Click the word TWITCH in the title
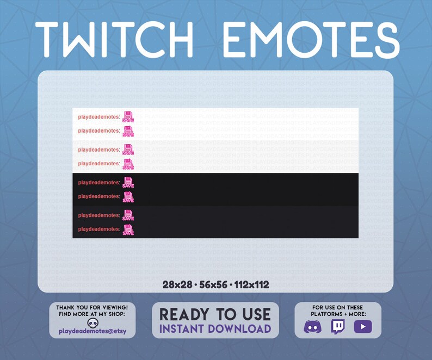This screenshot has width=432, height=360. [114, 39]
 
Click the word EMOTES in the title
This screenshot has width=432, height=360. [311, 39]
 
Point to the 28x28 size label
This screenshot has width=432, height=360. [177, 284]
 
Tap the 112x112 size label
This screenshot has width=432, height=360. [251, 284]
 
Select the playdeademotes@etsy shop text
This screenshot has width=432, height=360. [92, 331]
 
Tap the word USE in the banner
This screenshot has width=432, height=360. [255, 314]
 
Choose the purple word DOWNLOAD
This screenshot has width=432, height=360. [240, 328]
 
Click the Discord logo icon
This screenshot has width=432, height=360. [312, 327]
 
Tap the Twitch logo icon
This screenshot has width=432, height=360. [338, 327]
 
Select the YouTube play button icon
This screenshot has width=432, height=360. [362, 327]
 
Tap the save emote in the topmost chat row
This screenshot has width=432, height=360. [128, 116]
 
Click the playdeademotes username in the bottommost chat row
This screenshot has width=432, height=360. [98, 229]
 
